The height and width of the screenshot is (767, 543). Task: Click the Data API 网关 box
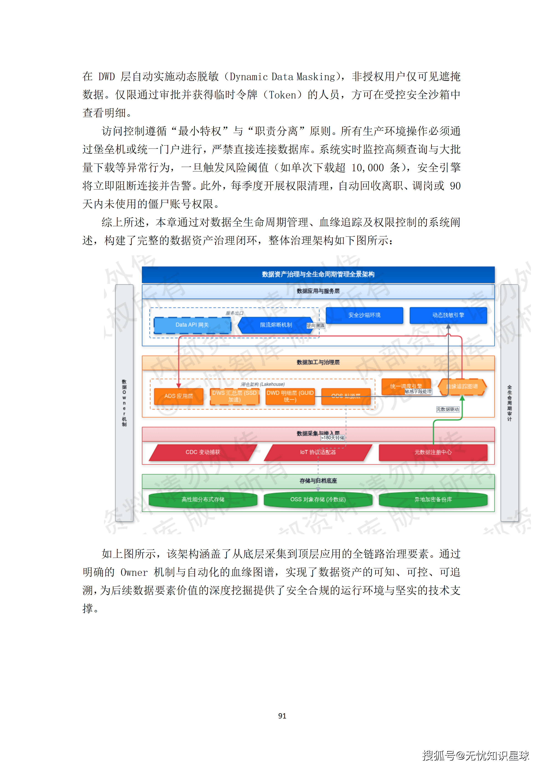[x=192, y=325]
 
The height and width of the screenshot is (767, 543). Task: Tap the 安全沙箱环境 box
[x=364, y=315]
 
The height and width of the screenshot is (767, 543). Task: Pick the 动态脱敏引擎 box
[x=448, y=315]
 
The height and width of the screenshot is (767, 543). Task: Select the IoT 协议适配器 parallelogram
[x=318, y=452]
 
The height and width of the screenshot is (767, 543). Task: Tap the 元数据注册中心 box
[x=433, y=452]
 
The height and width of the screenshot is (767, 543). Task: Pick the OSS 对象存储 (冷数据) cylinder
[x=318, y=500]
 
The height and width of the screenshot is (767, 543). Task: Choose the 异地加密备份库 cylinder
[x=433, y=500]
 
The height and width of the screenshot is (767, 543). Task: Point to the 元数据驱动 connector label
[x=448, y=410]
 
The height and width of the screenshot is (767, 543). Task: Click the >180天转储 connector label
[x=332, y=438]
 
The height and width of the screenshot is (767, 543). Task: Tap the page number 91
[x=282, y=716]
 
